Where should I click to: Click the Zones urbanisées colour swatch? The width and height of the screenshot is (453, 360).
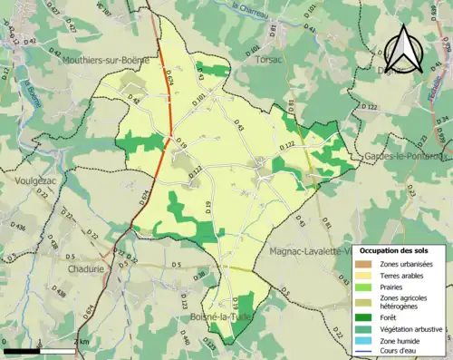click(364, 263)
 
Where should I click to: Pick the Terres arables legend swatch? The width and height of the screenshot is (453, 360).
click(364, 274)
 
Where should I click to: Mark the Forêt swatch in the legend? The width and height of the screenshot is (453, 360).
click(364, 316)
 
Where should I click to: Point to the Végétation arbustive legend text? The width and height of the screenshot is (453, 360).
click(411, 327)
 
